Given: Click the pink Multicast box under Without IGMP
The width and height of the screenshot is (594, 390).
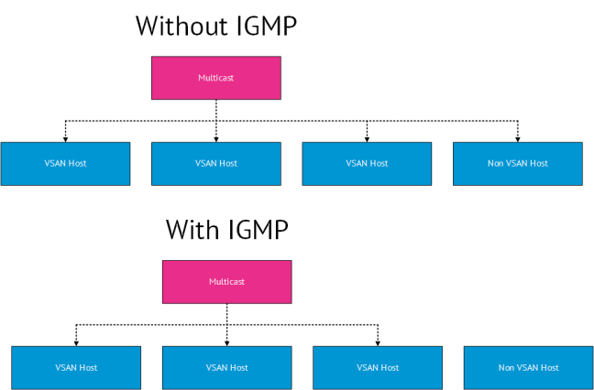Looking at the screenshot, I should click(x=215, y=78).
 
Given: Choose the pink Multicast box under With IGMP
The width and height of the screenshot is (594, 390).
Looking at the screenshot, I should click(x=226, y=282).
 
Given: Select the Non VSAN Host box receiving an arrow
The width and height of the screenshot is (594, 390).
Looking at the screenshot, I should click(x=517, y=164).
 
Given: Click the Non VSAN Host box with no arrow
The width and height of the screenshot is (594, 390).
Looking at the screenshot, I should click(x=528, y=368).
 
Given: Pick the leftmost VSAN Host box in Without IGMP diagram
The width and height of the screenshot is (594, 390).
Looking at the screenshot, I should click(x=65, y=164).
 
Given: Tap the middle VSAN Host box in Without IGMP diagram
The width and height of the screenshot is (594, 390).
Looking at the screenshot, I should click(x=215, y=164).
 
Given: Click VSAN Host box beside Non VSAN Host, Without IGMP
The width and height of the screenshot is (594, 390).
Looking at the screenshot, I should click(x=367, y=164).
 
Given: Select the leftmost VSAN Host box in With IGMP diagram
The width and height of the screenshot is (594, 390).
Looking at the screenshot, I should click(x=76, y=368).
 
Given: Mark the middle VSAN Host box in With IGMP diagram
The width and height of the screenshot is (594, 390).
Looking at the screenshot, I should click(x=226, y=368).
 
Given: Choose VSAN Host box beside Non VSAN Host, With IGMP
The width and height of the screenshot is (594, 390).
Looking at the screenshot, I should click(x=378, y=368).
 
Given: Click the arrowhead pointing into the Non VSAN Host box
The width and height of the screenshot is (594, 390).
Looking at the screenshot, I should click(x=518, y=138).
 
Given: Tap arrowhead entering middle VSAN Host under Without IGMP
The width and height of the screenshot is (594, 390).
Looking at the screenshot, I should click(x=216, y=138).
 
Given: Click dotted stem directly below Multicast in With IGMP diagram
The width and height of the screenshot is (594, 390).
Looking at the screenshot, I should click(x=227, y=313).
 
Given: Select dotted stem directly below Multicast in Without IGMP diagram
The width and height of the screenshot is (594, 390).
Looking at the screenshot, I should click(x=216, y=109).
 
